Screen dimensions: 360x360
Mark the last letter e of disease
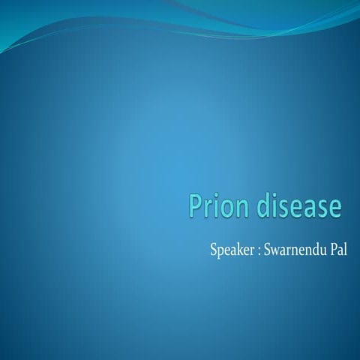tap(335, 209)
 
